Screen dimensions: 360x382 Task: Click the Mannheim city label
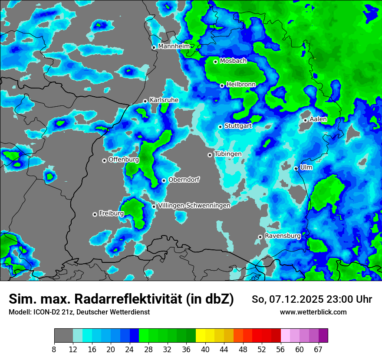[x=174, y=46]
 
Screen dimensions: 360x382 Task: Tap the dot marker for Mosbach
[x=215, y=62]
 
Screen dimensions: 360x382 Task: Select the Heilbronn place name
[x=241, y=85]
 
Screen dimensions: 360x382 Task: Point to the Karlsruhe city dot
[x=145, y=101]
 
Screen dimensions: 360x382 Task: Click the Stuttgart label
[x=238, y=126]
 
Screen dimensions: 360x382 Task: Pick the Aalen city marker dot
[x=306, y=120]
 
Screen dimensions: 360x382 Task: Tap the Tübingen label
[x=228, y=154]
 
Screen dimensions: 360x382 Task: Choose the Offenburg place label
[x=124, y=160]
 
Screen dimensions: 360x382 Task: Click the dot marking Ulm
[x=296, y=168]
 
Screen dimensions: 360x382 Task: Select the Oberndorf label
[x=184, y=180]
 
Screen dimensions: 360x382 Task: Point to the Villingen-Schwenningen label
[x=194, y=206]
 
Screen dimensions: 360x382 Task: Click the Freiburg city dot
[x=95, y=214]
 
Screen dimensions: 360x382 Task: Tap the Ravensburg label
[x=283, y=236]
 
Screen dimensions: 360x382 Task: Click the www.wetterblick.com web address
[x=313, y=312]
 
